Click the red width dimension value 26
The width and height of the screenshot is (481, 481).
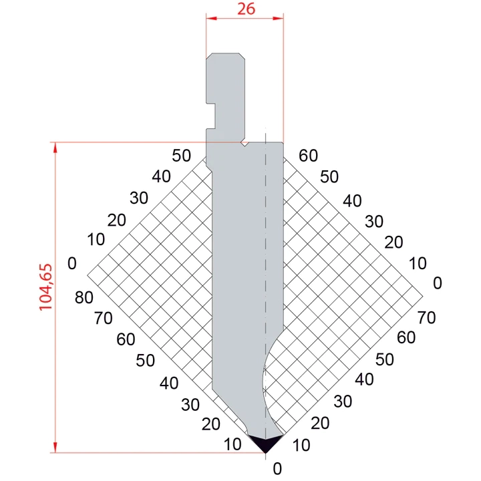point(246,9)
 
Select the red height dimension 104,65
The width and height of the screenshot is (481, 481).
point(45,287)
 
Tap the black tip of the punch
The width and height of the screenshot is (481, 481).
point(265,443)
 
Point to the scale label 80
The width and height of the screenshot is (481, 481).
point(84,297)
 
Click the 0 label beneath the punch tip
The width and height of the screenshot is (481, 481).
point(277,468)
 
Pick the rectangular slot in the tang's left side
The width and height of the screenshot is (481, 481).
point(210,116)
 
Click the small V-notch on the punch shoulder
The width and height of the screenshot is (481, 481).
point(245,144)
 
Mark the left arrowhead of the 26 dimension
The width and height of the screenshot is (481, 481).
point(211,19)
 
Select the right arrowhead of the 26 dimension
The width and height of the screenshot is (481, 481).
point(278,19)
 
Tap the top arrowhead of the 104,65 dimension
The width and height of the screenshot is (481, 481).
point(55,148)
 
